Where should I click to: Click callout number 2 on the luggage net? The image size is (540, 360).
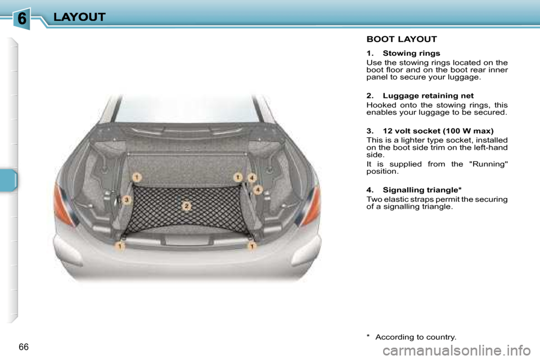pyautogui.click(x=186, y=206)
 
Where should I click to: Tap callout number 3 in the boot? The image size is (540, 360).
pyautogui.click(x=127, y=200)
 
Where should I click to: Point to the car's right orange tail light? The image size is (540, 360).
pyautogui.click(x=310, y=205)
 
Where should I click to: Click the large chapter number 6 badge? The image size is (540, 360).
pyautogui.click(x=21, y=19)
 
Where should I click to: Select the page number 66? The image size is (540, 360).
pyautogui.click(x=23, y=345)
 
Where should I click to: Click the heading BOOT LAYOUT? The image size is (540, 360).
pyautogui.click(x=402, y=39)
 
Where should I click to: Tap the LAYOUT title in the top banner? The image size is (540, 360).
pyautogui.click(x=79, y=17)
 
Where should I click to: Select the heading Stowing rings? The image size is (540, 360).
pyautogui.click(x=411, y=53)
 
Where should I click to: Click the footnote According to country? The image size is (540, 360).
pyautogui.click(x=416, y=337)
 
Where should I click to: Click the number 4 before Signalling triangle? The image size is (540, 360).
pyautogui.click(x=369, y=190)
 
